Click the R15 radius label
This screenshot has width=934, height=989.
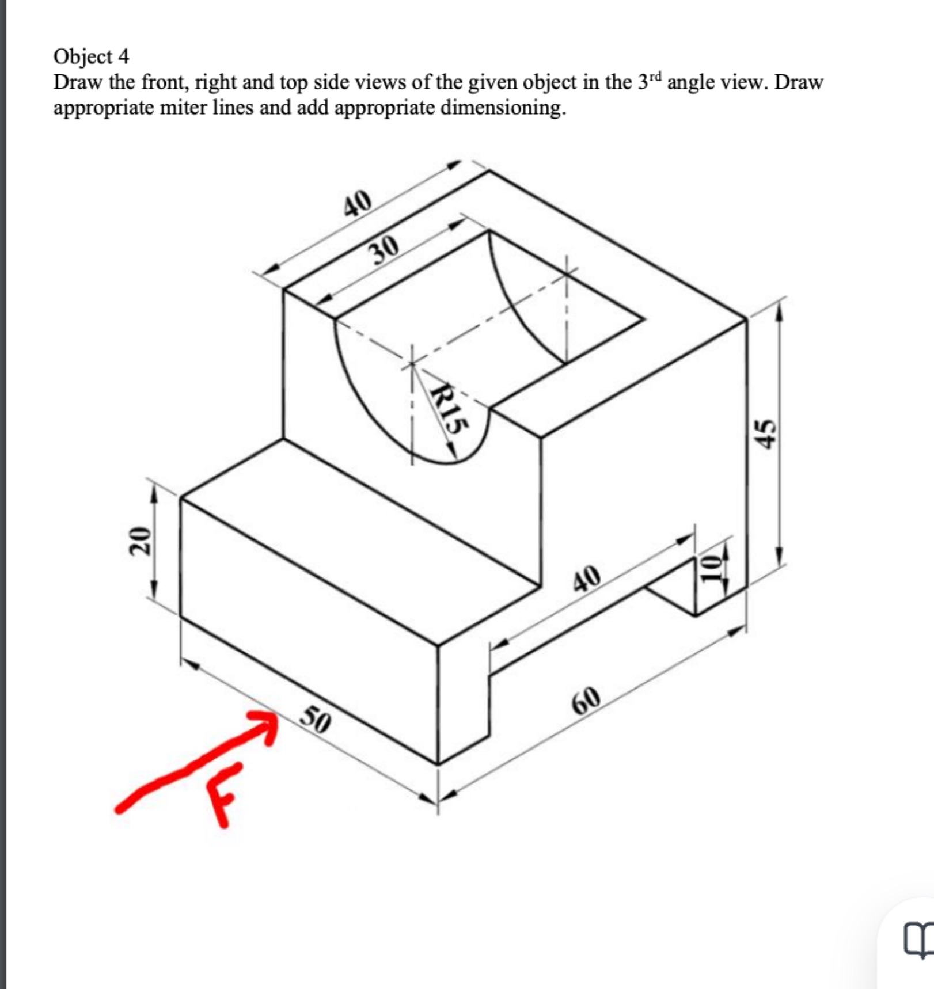pyautogui.click(x=449, y=409)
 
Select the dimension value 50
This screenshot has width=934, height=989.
pyautogui.click(x=316, y=720)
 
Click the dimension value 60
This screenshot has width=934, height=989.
pyautogui.click(x=586, y=698)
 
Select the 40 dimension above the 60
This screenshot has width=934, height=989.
pyautogui.click(x=587, y=577)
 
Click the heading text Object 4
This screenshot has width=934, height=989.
pyautogui.click(x=91, y=56)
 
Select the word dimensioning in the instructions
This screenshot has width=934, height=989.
pyautogui.click(x=502, y=107)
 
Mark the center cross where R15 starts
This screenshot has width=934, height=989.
pyautogui.click(x=412, y=364)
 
